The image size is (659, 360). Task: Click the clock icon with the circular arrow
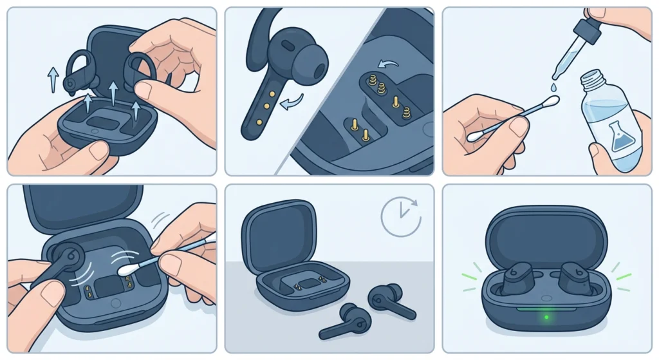tap(400, 216)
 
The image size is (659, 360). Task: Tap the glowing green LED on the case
tap(546, 317)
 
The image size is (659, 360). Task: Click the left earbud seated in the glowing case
tap(517, 278)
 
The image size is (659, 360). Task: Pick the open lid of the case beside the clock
tap(277, 231)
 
